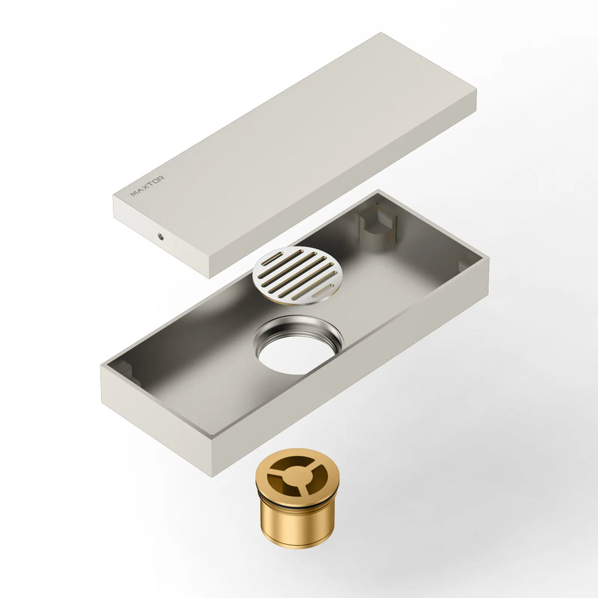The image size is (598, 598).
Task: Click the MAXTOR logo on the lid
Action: [148, 186]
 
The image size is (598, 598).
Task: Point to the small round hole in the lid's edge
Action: [159, 237]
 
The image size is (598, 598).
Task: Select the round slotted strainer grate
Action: [297, 274]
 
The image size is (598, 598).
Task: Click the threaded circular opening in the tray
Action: [298, 345]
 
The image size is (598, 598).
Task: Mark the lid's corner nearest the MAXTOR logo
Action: [114, 199]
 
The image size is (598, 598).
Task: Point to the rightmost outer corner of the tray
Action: [488, 259]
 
